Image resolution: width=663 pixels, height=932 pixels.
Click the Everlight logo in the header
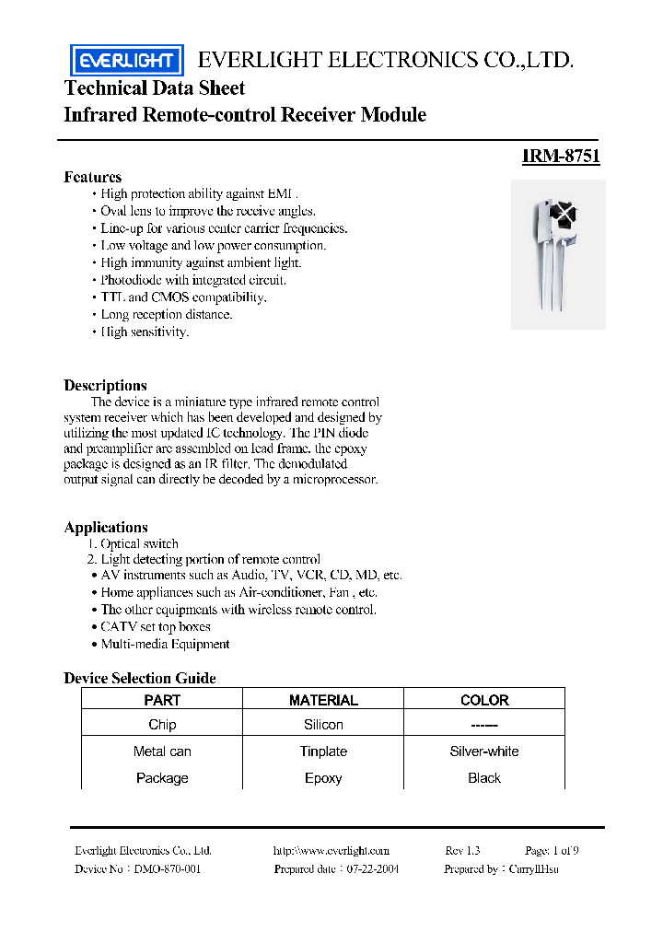127,61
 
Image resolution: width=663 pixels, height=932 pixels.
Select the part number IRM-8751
561,157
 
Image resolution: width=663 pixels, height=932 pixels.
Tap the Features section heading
92,177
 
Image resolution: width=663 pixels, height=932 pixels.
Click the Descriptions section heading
105,385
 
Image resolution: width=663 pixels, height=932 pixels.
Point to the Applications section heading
106,527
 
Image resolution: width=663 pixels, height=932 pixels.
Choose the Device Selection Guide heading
140,678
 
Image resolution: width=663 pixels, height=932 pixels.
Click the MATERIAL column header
323,700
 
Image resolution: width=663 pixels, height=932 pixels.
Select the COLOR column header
484,700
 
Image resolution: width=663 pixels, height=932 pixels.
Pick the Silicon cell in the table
323,725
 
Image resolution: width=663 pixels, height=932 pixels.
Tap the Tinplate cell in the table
323,751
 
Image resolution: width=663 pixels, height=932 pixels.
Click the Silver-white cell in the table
484,751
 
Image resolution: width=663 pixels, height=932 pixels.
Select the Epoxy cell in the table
323,778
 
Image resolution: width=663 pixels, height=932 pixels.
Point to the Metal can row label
162,751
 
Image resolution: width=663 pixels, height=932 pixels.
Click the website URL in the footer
331,851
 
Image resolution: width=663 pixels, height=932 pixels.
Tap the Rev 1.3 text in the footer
462,851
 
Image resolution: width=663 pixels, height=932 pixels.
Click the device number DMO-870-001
167,869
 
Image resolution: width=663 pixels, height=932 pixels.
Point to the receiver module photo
558,253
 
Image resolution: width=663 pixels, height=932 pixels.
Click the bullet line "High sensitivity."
145,332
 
